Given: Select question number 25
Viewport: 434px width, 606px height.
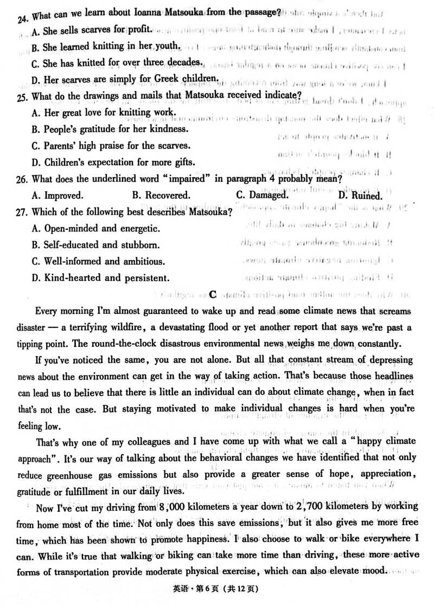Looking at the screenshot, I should (x=23, y=97).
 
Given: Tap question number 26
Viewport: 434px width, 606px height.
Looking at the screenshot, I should (x=23, y=178).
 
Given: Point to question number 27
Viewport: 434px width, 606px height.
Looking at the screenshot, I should (x=23, y=212).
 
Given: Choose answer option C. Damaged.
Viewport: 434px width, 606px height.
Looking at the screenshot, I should (x=261, y=195).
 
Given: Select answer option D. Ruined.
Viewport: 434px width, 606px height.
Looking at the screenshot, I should (x=360, y=195).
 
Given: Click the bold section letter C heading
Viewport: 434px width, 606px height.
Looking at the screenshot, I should (x=213, y=294).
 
